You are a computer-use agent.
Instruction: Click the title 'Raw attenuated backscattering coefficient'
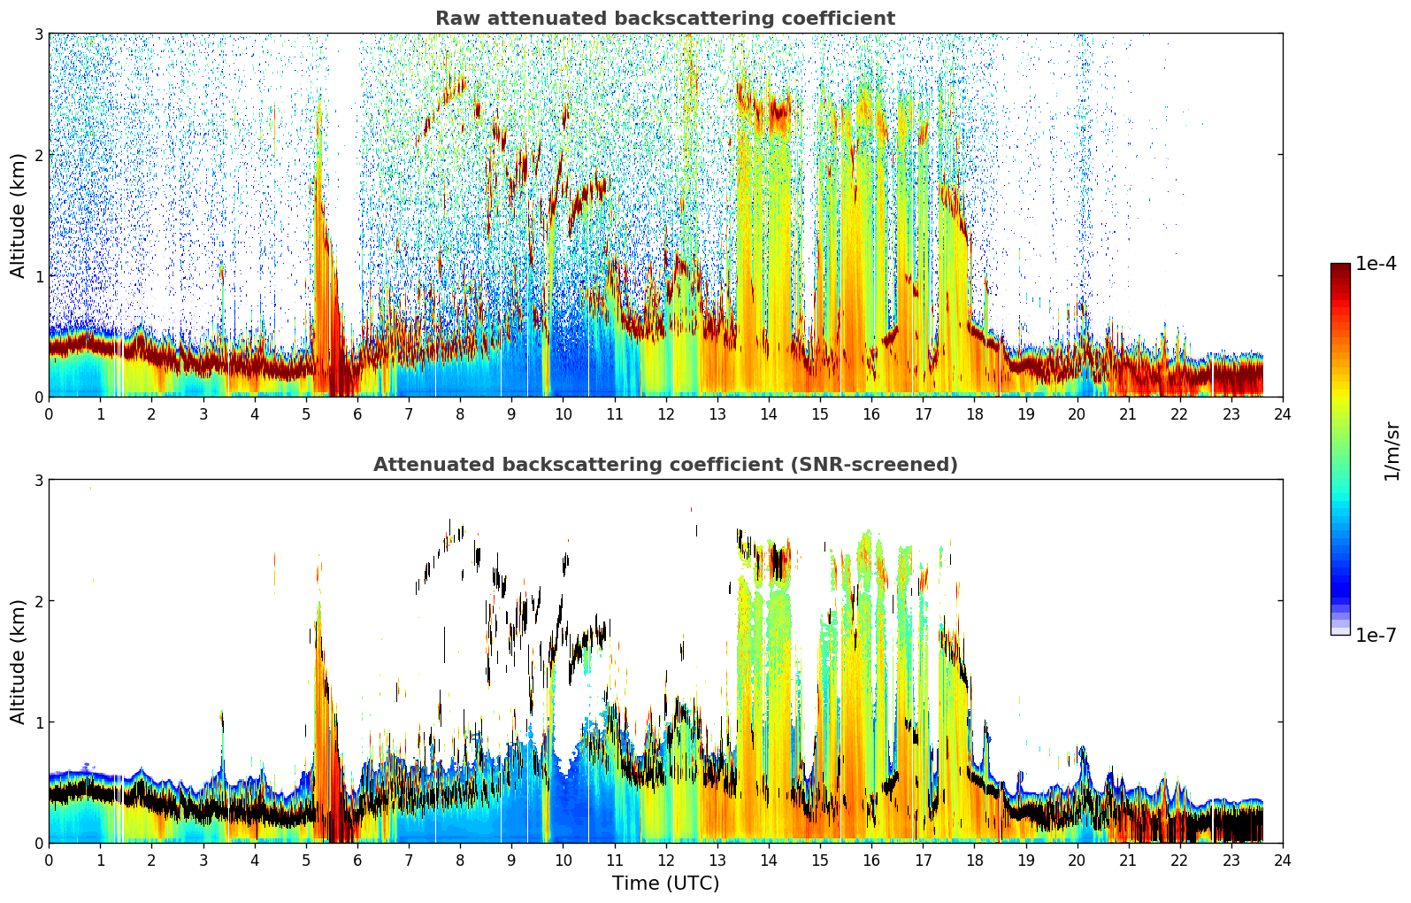(665, 19)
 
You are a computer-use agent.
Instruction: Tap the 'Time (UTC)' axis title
(666, 883)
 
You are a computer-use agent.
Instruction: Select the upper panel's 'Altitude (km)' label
(18, 216)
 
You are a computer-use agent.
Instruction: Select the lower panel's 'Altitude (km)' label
(18, 662)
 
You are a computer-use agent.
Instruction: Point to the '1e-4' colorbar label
(1376, 264)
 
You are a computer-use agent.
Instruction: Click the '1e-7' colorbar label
(1376, 635)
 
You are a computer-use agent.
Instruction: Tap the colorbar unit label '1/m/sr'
(1392, 451)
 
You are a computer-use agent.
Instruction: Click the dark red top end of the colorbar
(1340, 267)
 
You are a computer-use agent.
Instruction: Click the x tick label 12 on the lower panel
(666, 861)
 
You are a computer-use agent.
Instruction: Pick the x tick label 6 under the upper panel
(357, 414)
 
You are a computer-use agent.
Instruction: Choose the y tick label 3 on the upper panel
(38, 34)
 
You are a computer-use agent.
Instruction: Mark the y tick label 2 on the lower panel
(38, 601)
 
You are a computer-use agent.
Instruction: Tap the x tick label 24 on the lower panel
(1283, 861)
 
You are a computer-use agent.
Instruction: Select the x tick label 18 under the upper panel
(975, 414)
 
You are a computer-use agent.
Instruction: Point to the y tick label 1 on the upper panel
(38, 276)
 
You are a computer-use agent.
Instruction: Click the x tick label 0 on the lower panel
(50, 861)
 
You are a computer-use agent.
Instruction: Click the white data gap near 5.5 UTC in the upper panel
(345, 158)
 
